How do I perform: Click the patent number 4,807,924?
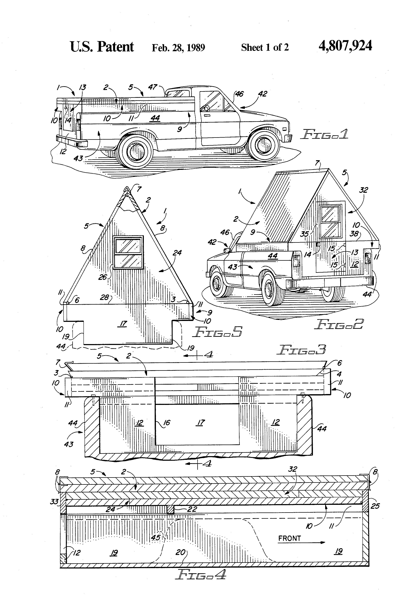[345, 46]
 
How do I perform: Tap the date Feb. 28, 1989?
[178, 47]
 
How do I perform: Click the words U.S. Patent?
[102, 47]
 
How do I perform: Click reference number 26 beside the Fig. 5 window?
[103, 277]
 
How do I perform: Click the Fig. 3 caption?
[301, 349]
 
